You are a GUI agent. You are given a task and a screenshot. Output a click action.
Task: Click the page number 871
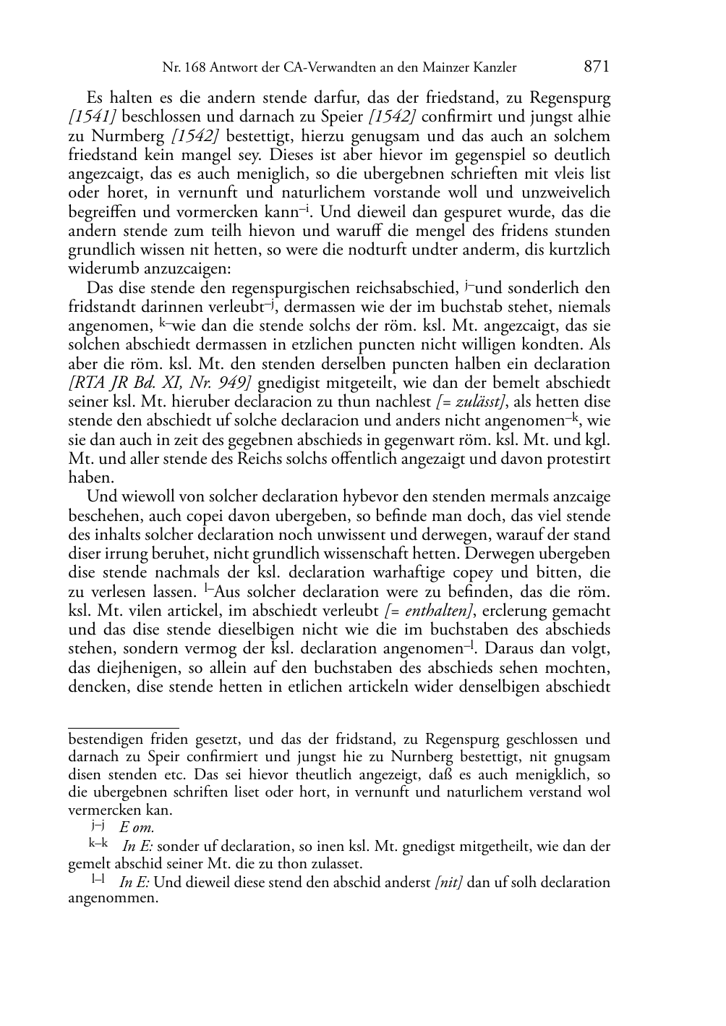click(x=597, y=67)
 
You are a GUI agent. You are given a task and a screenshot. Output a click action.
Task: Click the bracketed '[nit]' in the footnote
click(x=449, y=882)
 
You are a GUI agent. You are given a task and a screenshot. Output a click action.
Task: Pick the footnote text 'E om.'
click(x=137, y=828)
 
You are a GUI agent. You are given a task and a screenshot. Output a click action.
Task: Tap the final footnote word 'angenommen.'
click(x=112, y=899)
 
